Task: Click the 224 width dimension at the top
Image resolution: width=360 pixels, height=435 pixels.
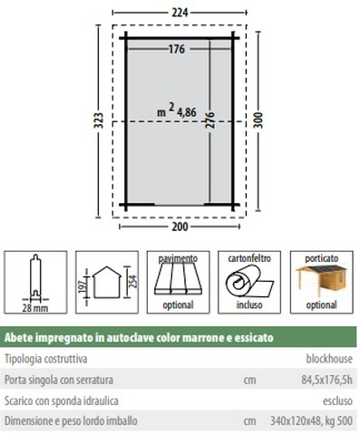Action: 180,13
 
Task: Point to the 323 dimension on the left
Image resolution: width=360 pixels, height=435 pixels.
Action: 99,121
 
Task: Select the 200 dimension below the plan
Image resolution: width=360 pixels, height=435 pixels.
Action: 180,227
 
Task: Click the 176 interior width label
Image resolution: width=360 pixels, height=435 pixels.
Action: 177,49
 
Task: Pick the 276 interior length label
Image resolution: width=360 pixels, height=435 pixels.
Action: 210,120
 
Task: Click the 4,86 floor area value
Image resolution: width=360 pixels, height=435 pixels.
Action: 187,112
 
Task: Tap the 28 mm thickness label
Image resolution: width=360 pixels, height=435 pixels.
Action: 35,308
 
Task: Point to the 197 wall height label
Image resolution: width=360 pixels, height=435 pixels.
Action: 83,285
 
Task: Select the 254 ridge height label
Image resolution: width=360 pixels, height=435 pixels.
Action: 133,281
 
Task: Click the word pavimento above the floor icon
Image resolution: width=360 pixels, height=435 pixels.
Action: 178,258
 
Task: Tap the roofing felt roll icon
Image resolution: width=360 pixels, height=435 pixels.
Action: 249,281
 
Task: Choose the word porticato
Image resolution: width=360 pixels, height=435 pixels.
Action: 321,258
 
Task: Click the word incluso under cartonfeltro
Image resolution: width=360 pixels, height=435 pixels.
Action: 249,304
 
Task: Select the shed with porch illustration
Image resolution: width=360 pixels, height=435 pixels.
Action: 321,282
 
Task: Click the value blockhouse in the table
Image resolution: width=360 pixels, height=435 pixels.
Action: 329,359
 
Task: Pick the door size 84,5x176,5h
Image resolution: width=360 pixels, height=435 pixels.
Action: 326,380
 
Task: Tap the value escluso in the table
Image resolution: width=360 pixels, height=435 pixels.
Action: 337,401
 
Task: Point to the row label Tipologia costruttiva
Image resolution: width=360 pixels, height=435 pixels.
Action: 46,359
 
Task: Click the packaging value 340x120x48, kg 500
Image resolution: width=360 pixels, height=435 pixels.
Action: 311,420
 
